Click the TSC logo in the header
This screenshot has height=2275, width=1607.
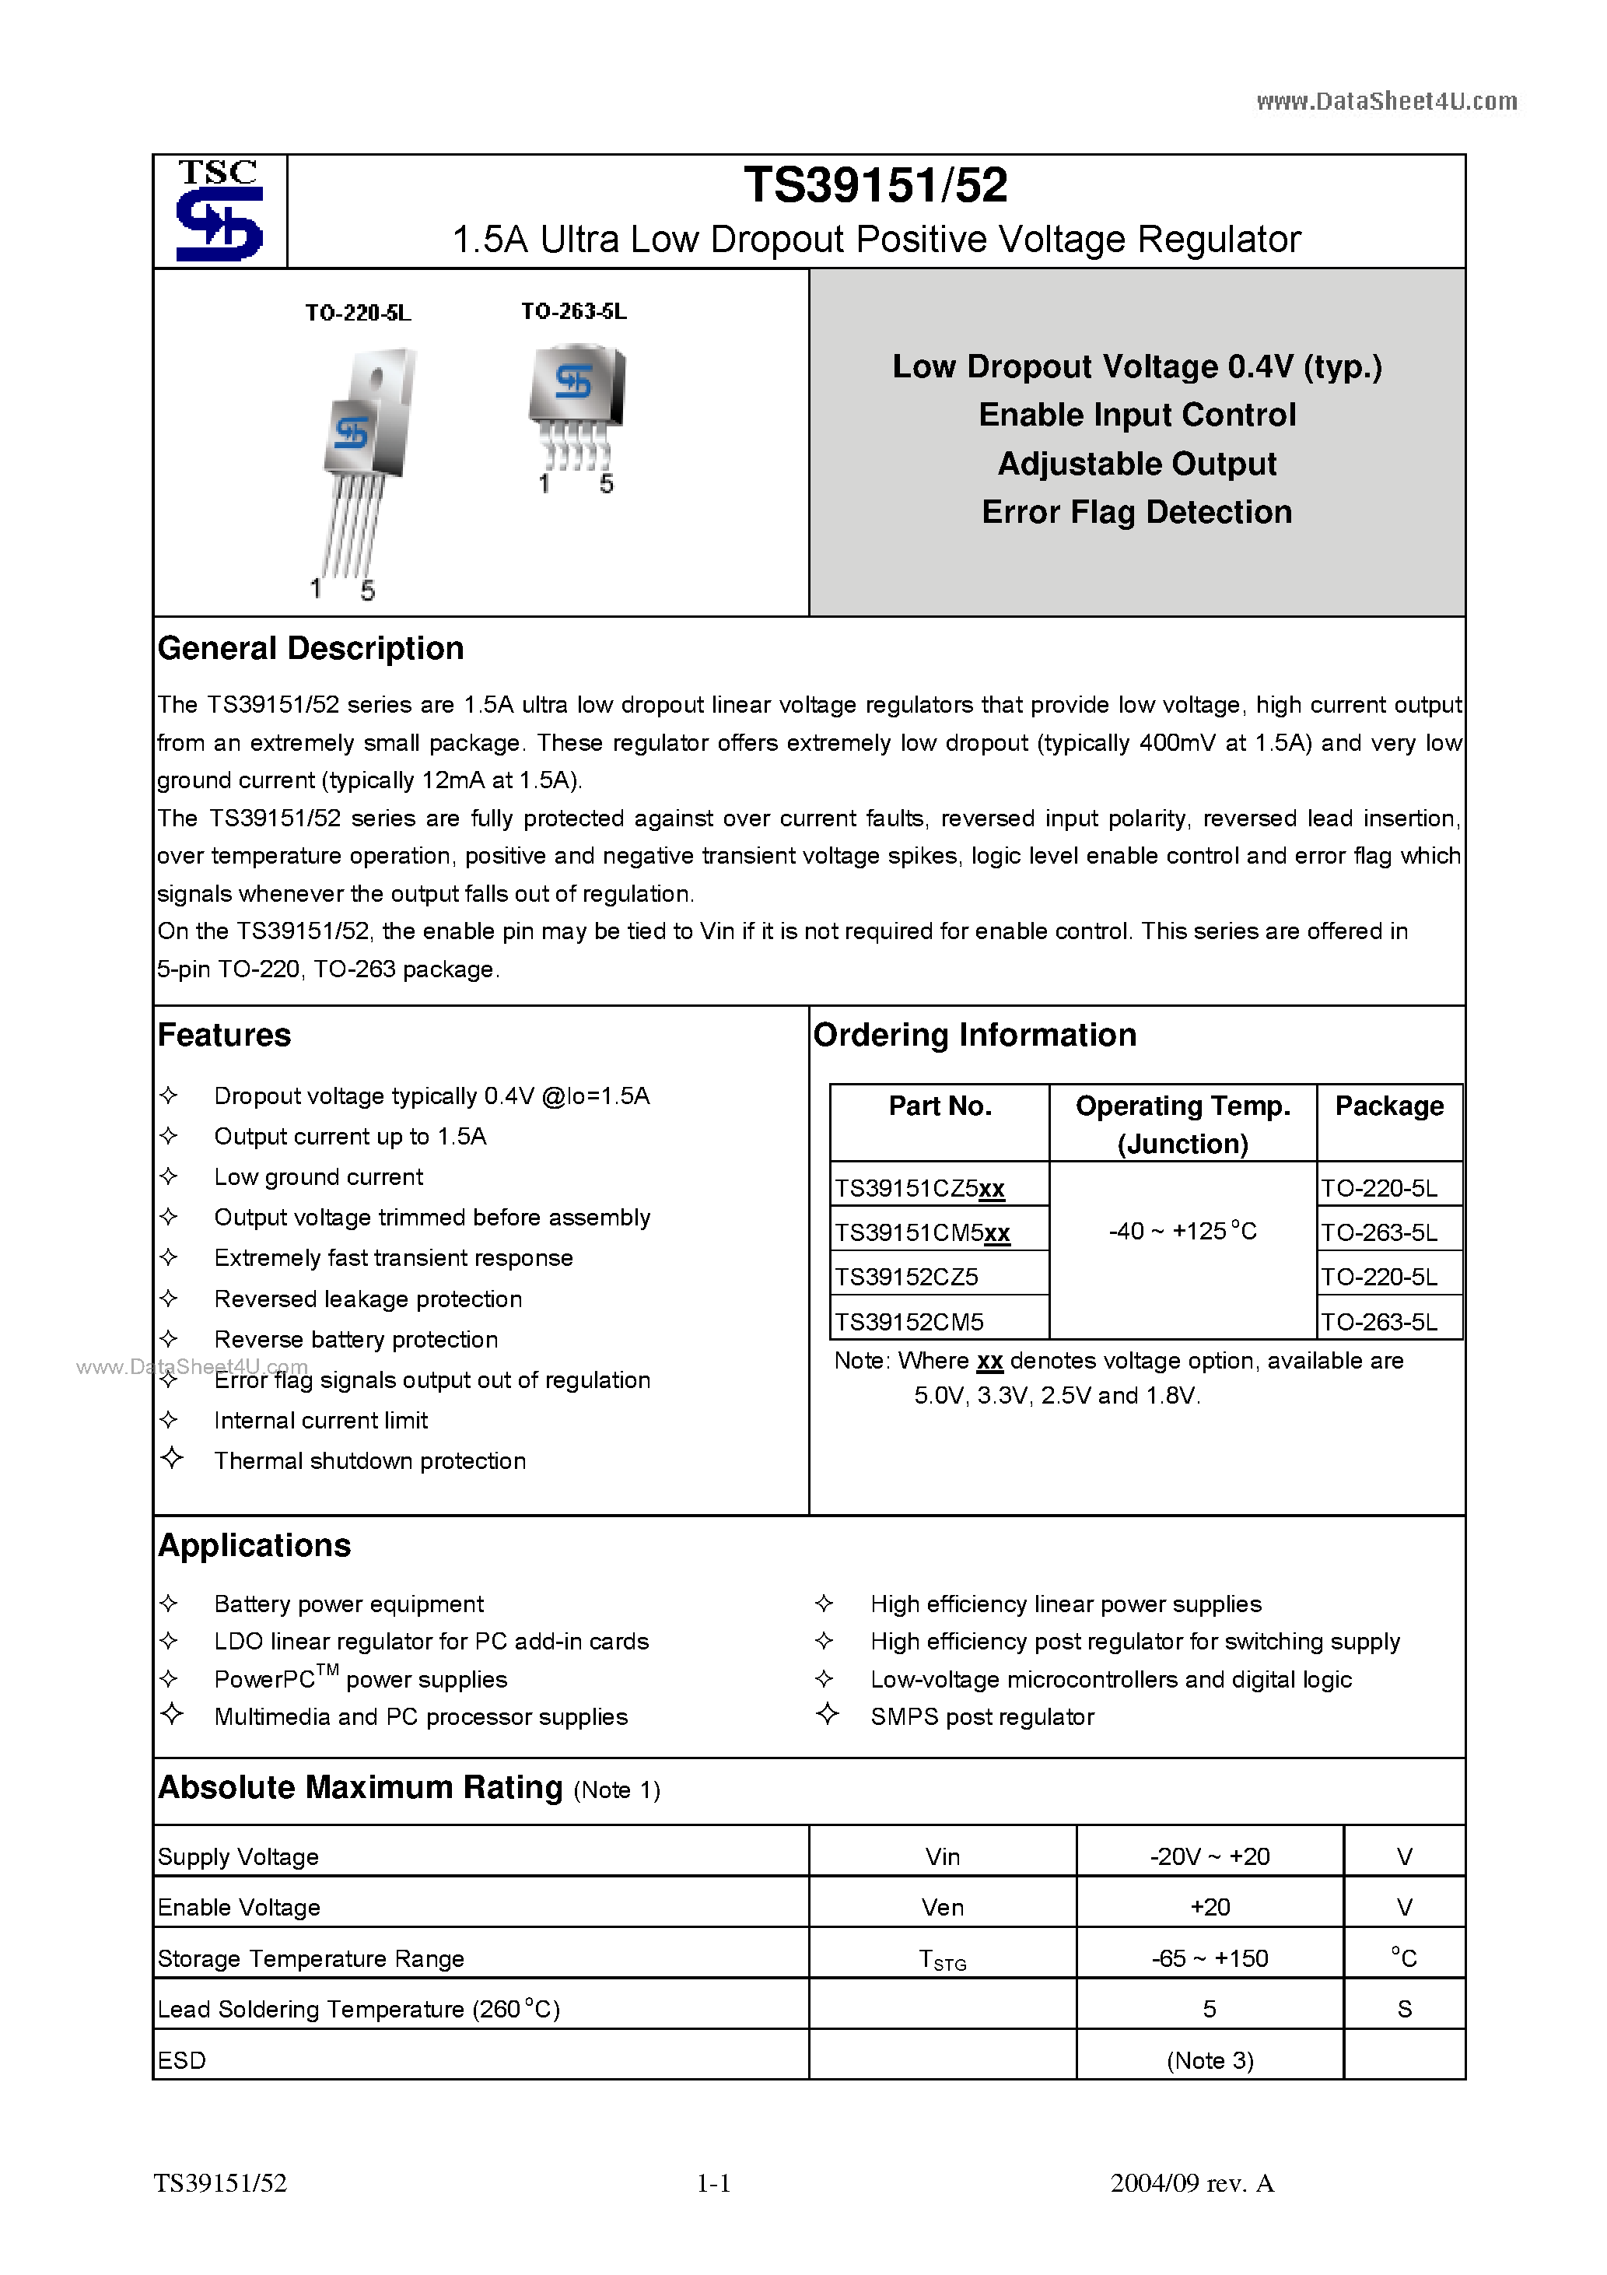click(219, 211)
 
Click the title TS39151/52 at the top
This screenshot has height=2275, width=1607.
click(875, 185)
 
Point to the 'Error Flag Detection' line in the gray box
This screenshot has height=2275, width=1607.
click(1136, 512)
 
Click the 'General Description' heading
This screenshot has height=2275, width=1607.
click(310, 648)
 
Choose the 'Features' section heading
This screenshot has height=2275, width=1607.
click(224, 1035)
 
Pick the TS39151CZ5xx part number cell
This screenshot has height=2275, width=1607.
click(919, 1188)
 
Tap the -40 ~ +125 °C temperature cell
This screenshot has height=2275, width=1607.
click(1182, 1232)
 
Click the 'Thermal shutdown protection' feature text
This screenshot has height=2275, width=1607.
click(369, 1460)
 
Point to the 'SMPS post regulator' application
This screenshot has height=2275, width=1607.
click(982, 1717)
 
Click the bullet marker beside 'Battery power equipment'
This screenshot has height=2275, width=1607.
click(169, 1604)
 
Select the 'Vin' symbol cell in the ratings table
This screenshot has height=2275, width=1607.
click(942, 1857)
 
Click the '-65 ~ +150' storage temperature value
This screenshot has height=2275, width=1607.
click(1210, 1959)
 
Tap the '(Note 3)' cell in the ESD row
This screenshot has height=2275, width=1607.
click(1210, 2061)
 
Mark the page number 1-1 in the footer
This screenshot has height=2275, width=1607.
click(713, 2183)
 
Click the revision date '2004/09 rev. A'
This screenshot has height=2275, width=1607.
click(1192, 2183)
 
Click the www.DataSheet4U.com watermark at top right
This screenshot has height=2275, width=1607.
click(1386, 101)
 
